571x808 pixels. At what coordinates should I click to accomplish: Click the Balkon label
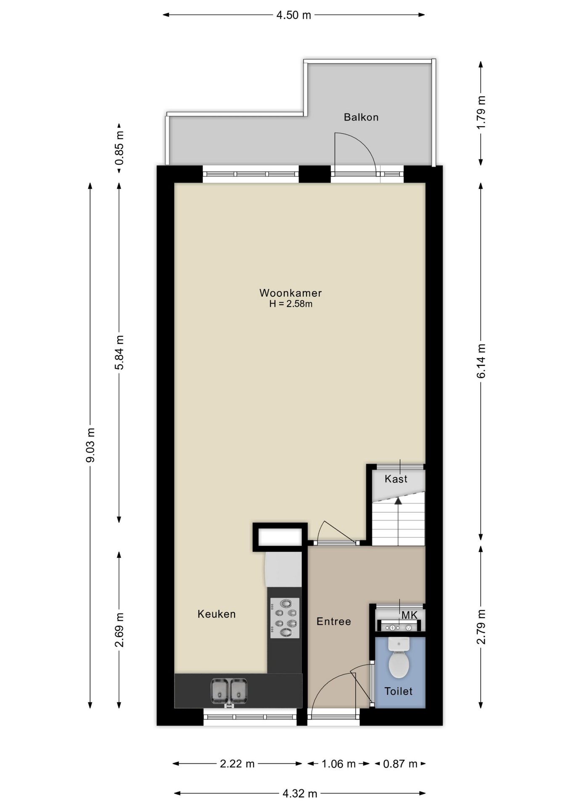[x=361, y=117]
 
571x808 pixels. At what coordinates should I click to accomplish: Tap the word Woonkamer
[x=291, y=293]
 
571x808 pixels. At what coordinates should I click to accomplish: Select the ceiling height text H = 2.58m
[x=291, y=304]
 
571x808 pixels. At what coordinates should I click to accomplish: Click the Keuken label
[x=217, y=614]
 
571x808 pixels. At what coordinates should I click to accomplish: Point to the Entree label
[x=333, y=622]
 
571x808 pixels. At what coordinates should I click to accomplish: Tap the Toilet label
[x=398, y=691]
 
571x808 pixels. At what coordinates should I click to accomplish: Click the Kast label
[x=396, y=479]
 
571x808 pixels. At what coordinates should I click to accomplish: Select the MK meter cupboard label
[x=409, y=615]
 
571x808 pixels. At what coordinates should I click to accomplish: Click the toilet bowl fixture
[x=399, y=657]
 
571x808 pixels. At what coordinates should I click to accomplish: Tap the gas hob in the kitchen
[x=285, y=618]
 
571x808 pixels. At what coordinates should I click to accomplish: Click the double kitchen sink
[x=229, y=691]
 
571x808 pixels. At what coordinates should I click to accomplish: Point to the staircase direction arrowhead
[x=398, y=501]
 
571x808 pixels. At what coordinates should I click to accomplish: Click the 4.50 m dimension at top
[x=293, y=15]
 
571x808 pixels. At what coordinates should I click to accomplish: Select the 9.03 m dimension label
[x=90, y=445]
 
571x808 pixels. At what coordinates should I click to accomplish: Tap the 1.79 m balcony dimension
[x=481, y=112]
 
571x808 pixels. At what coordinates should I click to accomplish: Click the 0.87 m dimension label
[x=400, y=764]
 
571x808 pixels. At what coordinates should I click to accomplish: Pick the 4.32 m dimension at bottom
[x=300, y=794]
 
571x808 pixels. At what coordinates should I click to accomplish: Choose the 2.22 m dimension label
[x=237, y=764]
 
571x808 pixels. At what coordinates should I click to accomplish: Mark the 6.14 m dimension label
[x=481, y=361]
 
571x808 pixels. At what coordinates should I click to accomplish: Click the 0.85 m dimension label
[x=119, y=148]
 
